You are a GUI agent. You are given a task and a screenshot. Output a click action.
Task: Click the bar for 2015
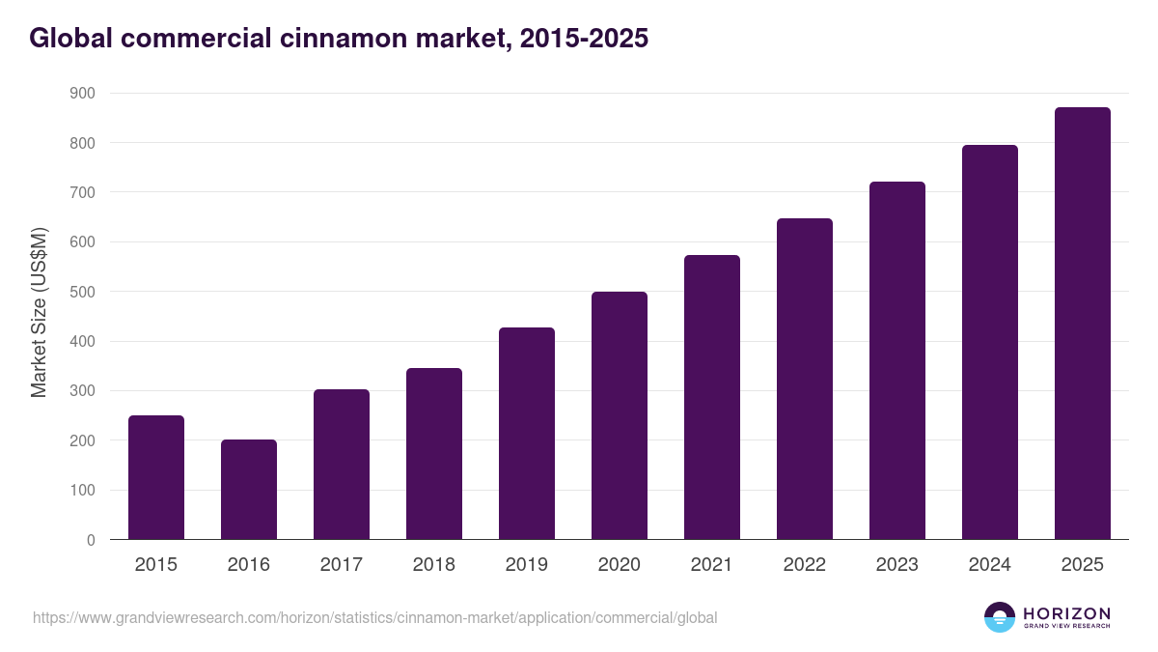[156, 477]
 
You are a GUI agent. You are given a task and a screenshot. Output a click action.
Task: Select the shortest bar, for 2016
[249, 490]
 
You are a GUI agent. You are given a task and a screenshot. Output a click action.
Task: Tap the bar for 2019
[527, 434]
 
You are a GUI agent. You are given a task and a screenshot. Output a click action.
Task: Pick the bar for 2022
[805, 379]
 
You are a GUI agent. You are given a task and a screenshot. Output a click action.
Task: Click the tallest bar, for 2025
[1083, 324]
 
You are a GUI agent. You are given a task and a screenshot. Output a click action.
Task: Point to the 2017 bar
[342, 465]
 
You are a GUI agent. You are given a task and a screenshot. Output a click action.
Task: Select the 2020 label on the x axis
[620, 565]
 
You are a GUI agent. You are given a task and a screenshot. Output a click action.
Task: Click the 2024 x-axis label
[990, 565]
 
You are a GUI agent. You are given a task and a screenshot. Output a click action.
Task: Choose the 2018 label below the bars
[434, 565]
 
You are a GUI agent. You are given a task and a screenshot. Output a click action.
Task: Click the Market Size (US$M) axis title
[39, 313]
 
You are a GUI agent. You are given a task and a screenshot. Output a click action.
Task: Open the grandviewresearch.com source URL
[375, 617]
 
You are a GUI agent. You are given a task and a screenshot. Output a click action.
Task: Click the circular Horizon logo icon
[1000, 617]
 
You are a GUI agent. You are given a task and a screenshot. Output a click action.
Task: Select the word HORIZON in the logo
[1066, 613]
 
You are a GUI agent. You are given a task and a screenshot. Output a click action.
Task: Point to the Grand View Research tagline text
[1066, 627]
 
